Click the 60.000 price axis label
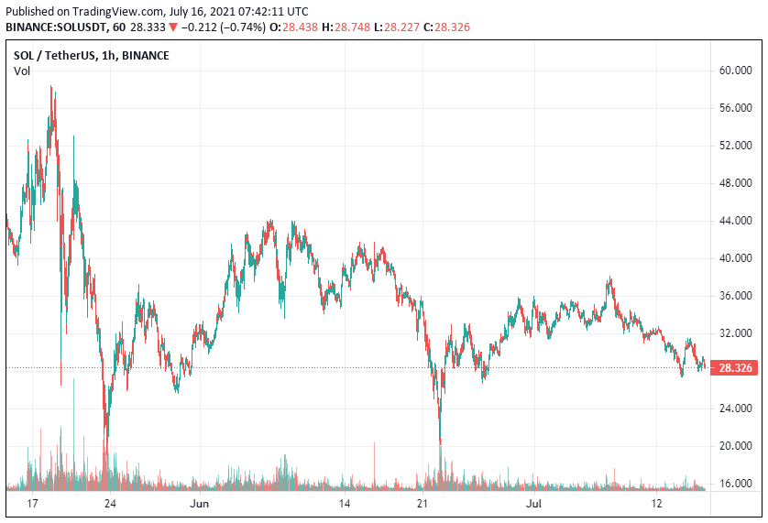(737, 70)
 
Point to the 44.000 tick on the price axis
(737, 221)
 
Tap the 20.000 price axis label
(737, 446)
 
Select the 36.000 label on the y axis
(737, 296)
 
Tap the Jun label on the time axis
(199, 504)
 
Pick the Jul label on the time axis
(532, 504)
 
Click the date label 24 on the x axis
(110, 504)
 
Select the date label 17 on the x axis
(33, 504)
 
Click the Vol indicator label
(22, 71)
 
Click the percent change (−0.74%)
(240, 27)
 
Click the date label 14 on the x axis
(345, 504)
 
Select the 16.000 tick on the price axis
(737, 484)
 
